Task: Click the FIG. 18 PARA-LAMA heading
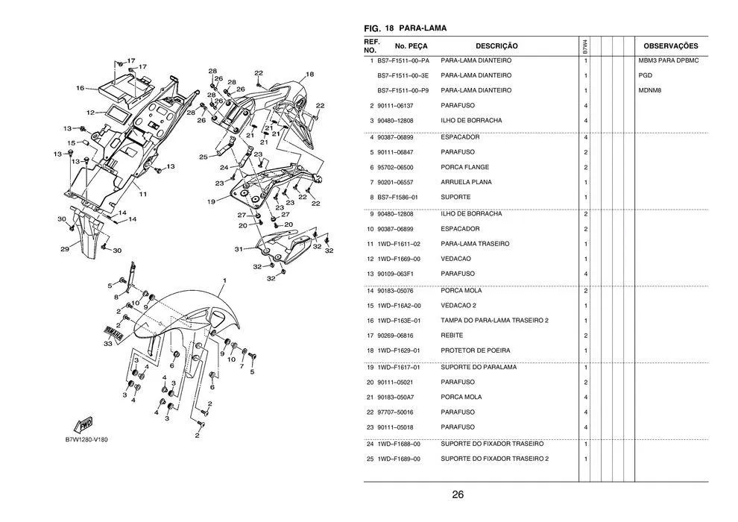[405, 28]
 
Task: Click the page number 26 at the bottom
[458, 494]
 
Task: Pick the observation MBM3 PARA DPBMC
[669, 60]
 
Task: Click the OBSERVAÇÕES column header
[670, 46]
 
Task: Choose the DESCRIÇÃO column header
[496, 46]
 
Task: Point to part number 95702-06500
[397, 167]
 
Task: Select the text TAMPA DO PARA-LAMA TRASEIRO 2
[495, 321]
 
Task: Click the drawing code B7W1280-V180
[86, 439]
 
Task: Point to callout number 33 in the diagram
[108, 344]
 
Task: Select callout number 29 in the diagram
[65, 249]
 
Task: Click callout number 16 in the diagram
[80, 88]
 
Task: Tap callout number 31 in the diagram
[239, 248]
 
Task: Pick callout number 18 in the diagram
[309, 74]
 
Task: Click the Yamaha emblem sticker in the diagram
[113, 330]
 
